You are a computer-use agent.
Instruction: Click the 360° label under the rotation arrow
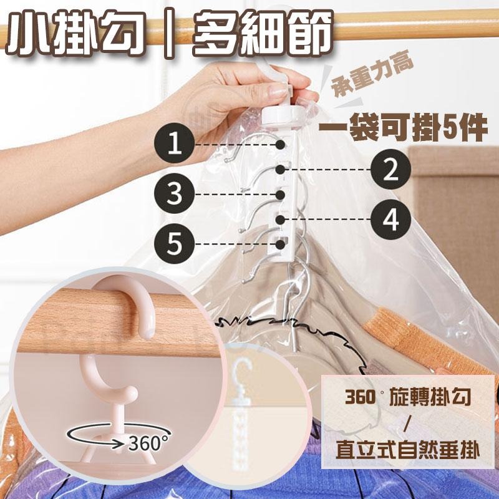tap(148, 443)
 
